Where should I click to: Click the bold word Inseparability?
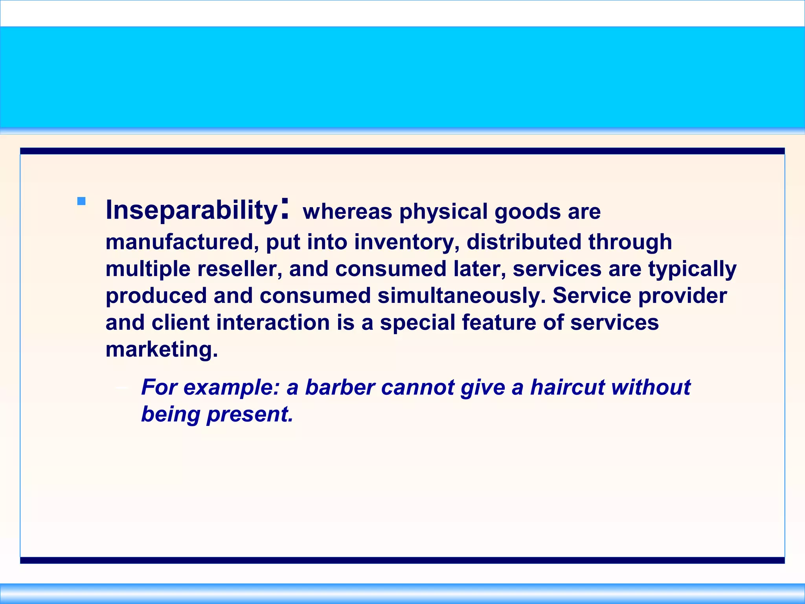191,210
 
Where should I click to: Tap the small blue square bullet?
81,201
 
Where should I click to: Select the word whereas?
347,212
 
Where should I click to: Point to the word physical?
443,212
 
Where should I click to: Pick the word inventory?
406,242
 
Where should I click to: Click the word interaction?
273,322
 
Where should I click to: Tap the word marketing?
162,350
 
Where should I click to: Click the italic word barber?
340,387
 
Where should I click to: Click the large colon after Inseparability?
285,208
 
